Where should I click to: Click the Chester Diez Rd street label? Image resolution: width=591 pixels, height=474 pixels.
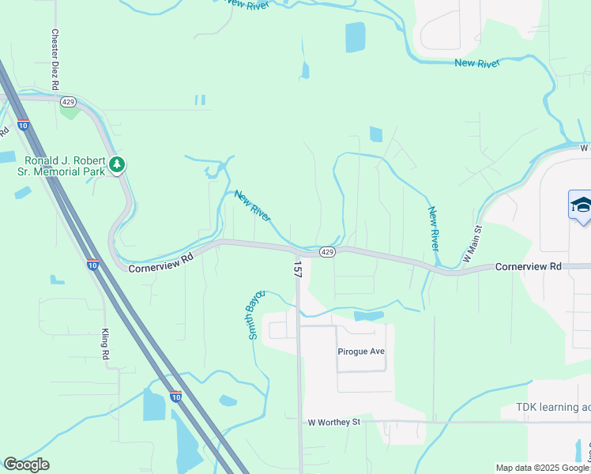click(x=55, y=58)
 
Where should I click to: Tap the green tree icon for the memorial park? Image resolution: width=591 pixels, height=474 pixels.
click(x=118, y=164)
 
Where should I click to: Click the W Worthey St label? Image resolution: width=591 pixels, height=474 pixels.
click(x=333, y=422)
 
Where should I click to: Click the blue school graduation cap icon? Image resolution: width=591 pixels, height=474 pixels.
click(x=581, y=205)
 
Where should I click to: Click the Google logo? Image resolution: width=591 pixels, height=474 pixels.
click(x=26, y=465)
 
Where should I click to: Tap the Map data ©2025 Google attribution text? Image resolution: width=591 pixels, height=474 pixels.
click(x=541, y=468)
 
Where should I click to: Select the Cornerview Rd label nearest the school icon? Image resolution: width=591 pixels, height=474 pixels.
click(x=528, y=267)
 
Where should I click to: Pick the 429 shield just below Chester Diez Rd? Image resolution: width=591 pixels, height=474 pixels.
click(x=68, y=103)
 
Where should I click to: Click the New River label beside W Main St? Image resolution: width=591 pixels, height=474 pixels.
click(x=434, y=228)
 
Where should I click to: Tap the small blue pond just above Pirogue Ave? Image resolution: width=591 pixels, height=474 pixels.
click(x=369, y=316)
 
